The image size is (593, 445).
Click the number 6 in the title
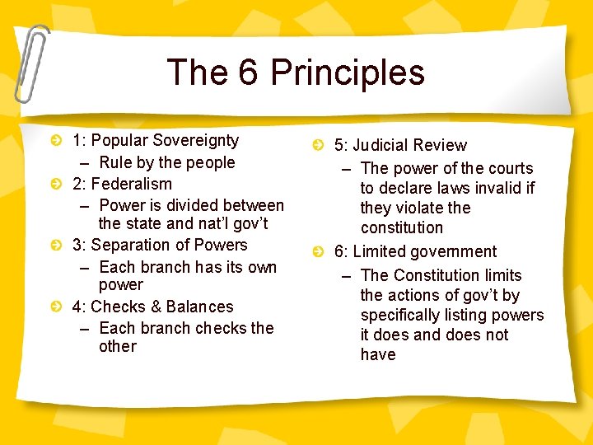[249, 73]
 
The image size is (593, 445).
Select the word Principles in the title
[348, 73]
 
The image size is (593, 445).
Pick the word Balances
[199, 307]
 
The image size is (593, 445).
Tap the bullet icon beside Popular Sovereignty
[55, 142]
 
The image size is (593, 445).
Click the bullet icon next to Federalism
[55, 185]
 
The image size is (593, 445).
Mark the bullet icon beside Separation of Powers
[55, 246]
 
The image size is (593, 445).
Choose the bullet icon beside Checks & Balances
[55, 307]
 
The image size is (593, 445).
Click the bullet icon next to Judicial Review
[317, 146]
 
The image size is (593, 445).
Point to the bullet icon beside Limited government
[317, 252]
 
